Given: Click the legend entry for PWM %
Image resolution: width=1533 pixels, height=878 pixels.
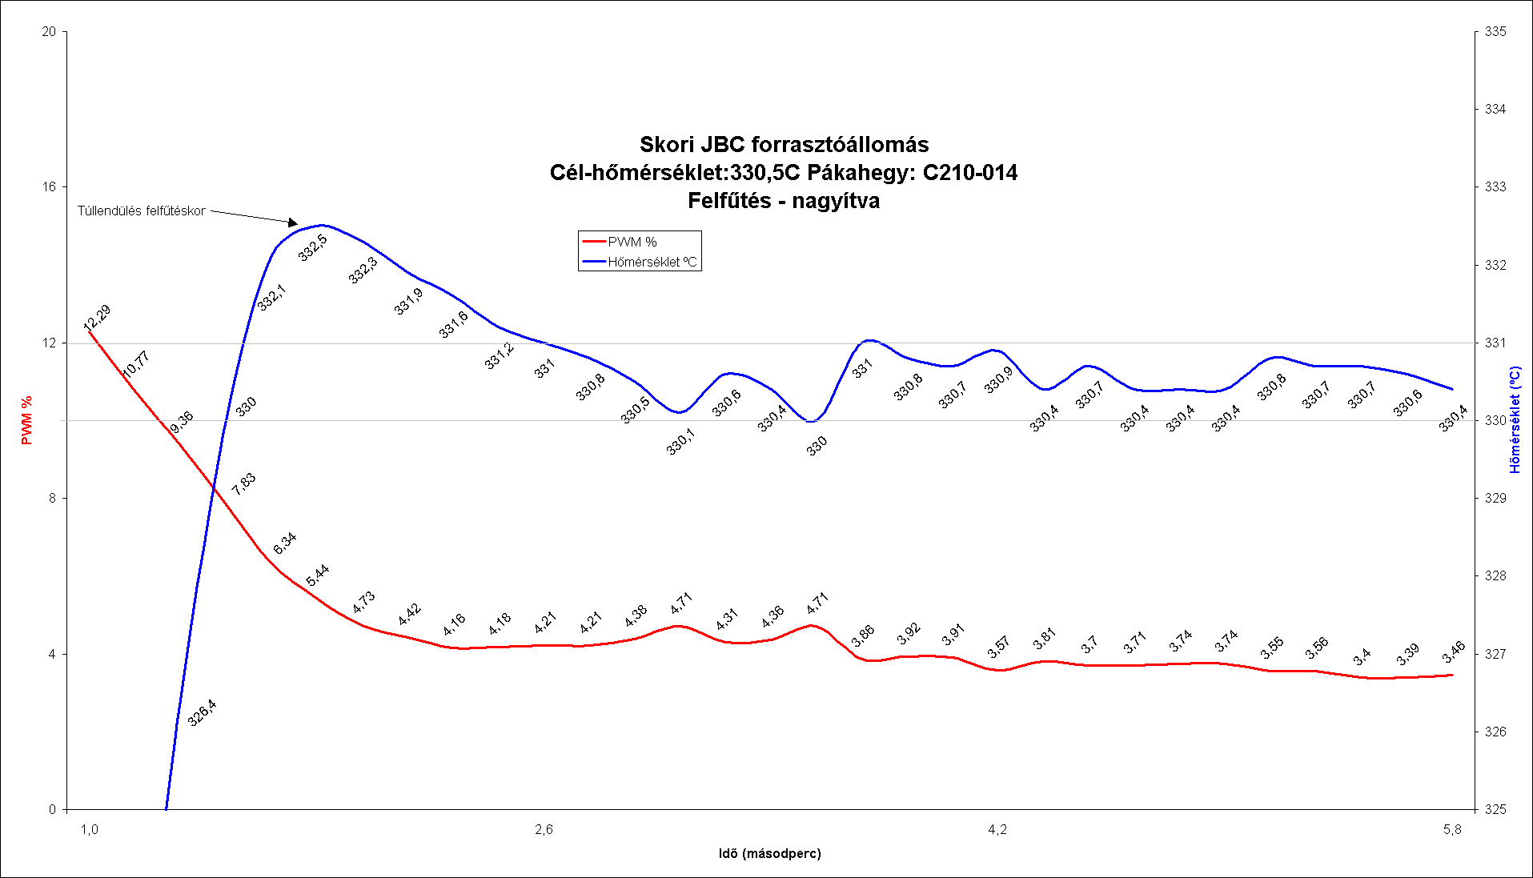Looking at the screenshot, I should pyautogui.click(x=632, y=242).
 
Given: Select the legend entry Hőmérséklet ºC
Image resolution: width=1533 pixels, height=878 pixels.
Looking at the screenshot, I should pyautogui.click(x=651, y=262).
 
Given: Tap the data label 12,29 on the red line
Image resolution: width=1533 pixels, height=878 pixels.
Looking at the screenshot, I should pyautogui.click(x=98, y=317).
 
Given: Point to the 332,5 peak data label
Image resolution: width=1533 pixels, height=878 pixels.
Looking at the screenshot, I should pyautogui.click(x=313, y=247).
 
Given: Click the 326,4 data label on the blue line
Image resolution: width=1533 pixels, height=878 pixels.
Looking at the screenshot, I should pyautogui.click(x=202, y=712).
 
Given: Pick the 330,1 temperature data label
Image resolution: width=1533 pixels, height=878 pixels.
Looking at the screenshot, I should pyautogui.click(x=680, y=442).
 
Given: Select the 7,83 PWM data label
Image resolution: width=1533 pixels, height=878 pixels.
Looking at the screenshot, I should pyautogui.click(x=243, y=483).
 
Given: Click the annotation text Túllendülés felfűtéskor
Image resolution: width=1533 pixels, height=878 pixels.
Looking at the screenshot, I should pyautogui.click(x=141, y=211).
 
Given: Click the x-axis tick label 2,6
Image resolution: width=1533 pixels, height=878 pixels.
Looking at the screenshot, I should pyautogui.click(x=544, y=830).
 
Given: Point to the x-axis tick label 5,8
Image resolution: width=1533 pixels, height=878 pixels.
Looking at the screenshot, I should pyautogui.click(x=1452, y=830).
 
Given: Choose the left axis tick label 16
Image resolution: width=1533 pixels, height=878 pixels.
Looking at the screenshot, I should pyautogui.click(x=50, y=187).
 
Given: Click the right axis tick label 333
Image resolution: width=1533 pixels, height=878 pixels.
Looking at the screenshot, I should pyautogui.click(x=1495, y=187).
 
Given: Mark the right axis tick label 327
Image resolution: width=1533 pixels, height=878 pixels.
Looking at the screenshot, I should pyautogui.click(x=1495, y=654).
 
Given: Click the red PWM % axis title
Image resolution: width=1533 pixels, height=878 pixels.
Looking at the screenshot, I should pyautogui.click(x=27, y=420).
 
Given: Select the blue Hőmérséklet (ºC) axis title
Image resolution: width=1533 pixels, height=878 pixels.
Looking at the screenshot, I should pyautogui.click(x=1515, y=420).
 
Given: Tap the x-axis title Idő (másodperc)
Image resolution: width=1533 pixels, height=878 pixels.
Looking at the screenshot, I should pyautogui.click(x=769, y=853).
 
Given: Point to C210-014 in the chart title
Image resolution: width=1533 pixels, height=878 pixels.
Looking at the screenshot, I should pyautogui.click(x=969, y=173).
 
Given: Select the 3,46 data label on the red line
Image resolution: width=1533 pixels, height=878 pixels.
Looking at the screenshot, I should pyautogui.click(x=1454, y=652).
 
